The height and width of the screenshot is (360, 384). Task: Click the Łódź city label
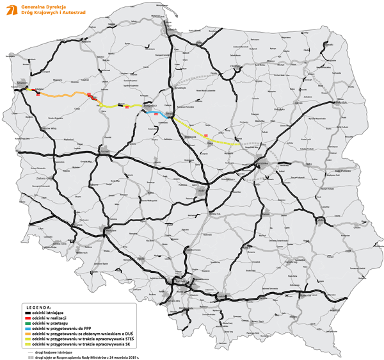[x=202, y=189]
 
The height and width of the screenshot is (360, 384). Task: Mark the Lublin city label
[x=321, y=221]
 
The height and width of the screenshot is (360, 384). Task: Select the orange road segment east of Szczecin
[x=64, y=95]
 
